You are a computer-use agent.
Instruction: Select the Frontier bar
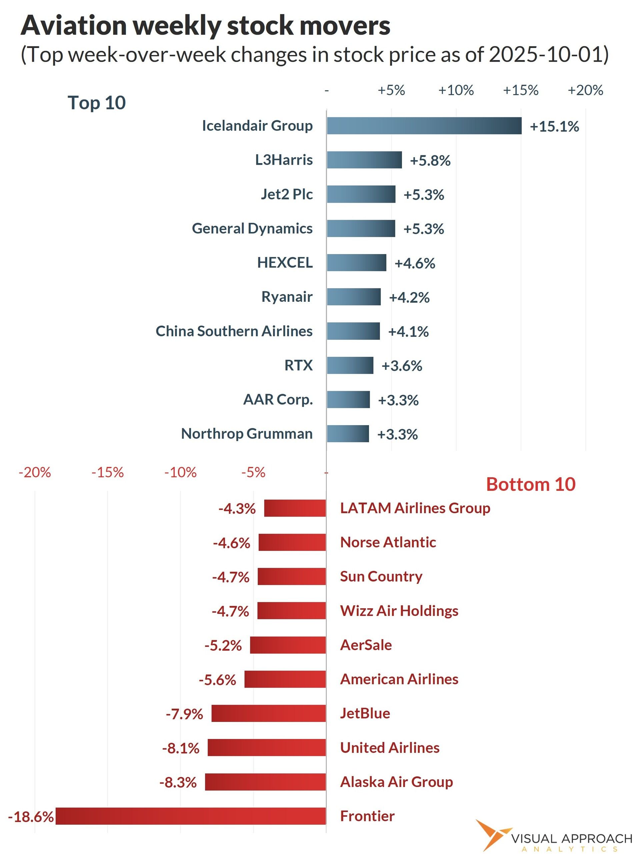(191, 816)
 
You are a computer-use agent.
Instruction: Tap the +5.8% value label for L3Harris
(430, 160)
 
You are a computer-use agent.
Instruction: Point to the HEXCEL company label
(285, 263)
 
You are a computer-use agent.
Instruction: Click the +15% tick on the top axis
(520, 90)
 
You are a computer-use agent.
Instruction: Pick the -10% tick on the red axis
(181, 473)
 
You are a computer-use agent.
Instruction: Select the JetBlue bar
(268, 713)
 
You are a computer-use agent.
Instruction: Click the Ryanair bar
(353, 297)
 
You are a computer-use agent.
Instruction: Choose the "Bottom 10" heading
(530, 485)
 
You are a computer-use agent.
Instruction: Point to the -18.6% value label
(31, 817)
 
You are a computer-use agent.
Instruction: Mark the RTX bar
(350, 365)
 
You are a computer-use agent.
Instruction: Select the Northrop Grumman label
(247, 434)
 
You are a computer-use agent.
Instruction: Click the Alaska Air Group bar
(265, 782)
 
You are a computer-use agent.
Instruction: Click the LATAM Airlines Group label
(415, 508)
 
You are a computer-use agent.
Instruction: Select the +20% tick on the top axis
(585, 90)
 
